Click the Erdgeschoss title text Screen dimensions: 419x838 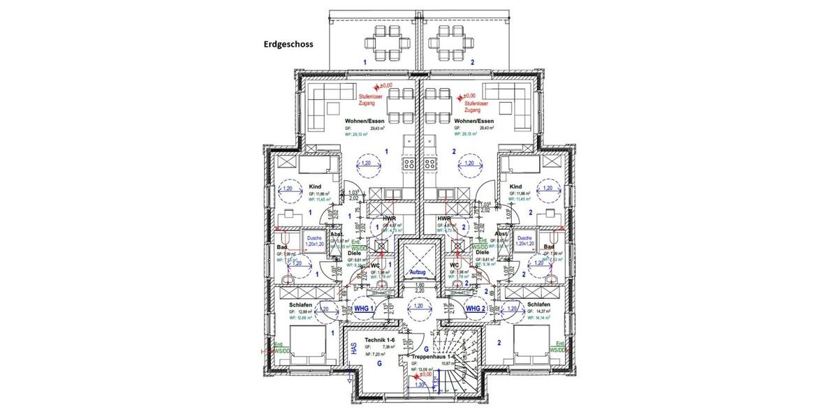pos(288,43)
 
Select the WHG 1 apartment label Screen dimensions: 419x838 pos(364,308)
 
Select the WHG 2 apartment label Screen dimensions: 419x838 pos(474,308)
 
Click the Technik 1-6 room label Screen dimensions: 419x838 pos(379,337)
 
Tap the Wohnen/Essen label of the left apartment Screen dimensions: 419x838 pos(365,121)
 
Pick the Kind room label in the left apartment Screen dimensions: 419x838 pos(314,186)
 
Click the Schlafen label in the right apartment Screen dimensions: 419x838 pos(541,305)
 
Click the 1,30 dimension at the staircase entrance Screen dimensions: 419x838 pos(419,384)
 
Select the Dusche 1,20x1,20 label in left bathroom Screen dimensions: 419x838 pos(317,242)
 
